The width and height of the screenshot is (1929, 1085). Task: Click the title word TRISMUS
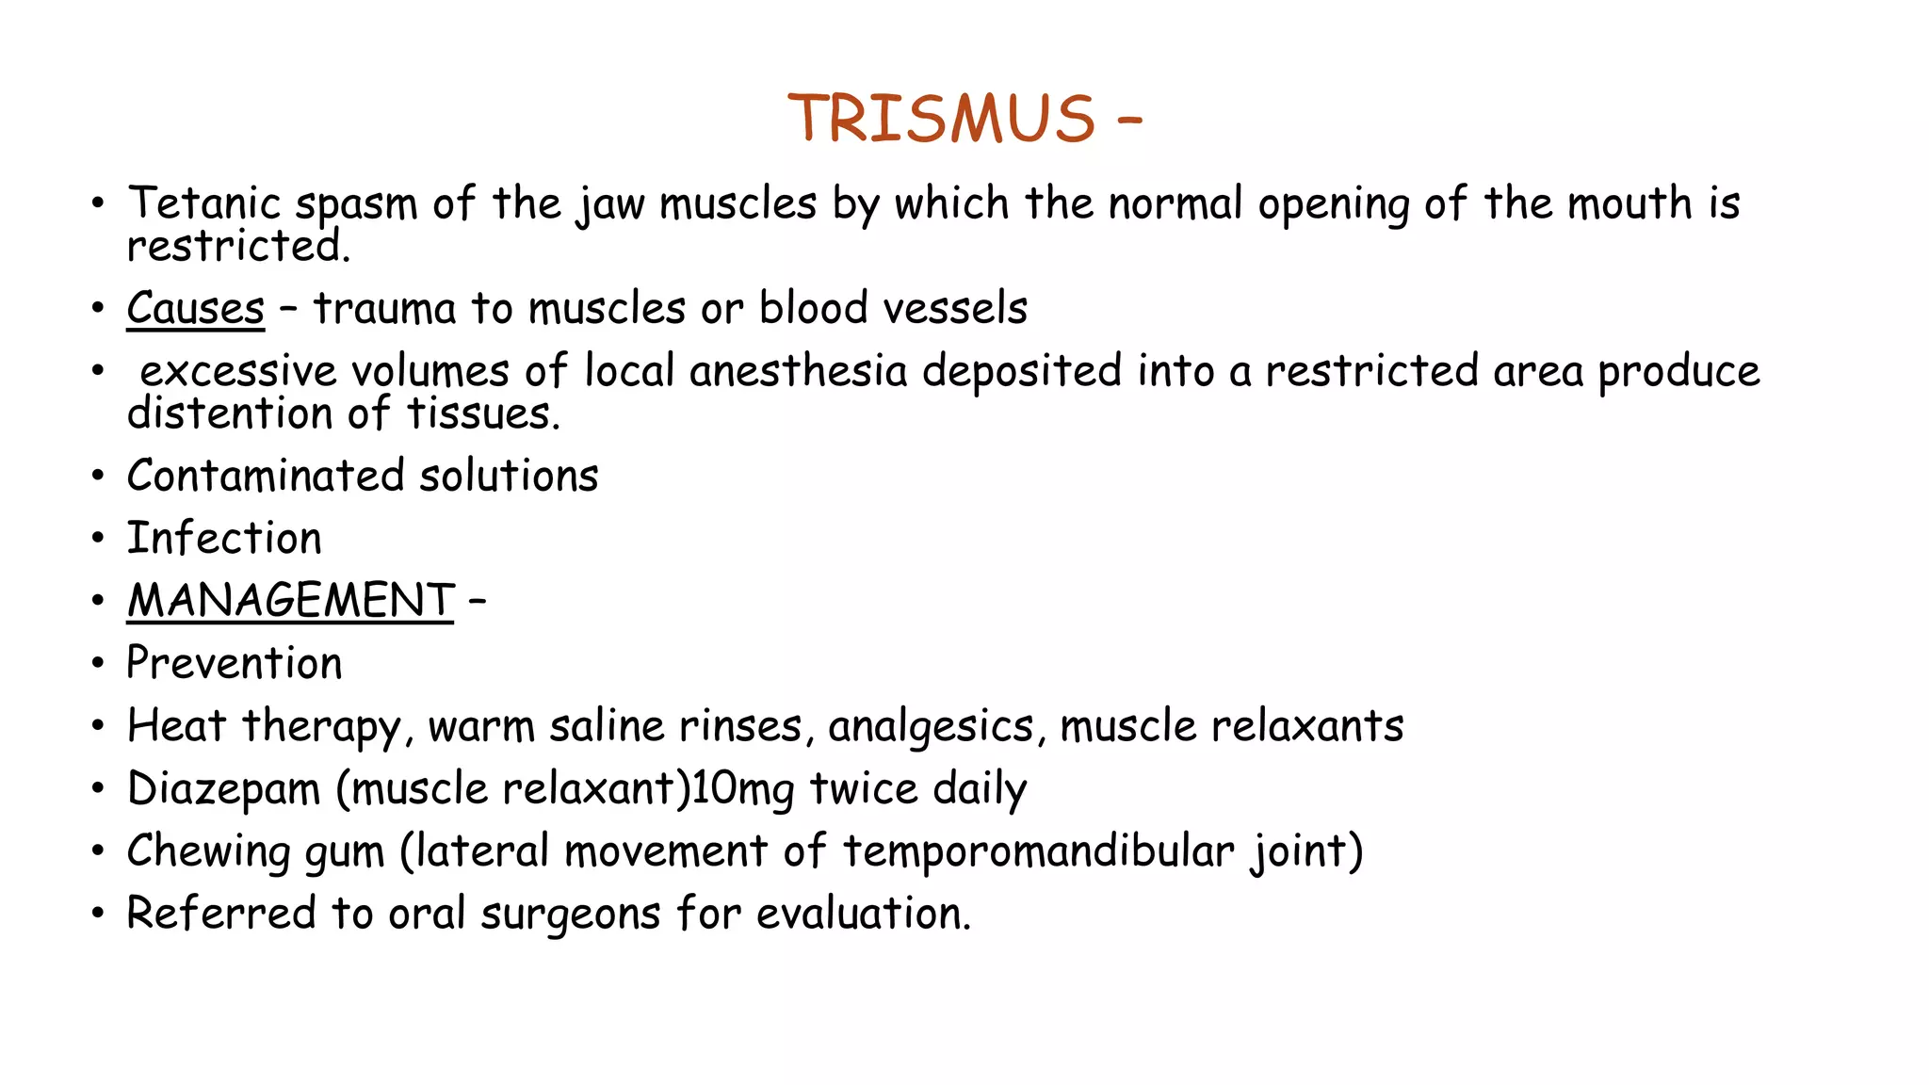(x=941, y=120)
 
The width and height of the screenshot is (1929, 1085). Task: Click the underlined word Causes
(x=196, y=309)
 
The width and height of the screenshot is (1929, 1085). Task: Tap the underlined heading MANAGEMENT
(x=290, y=601)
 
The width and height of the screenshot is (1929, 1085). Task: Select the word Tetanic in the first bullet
(x=204, y=203)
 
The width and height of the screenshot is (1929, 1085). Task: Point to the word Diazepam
(x=224, y=789)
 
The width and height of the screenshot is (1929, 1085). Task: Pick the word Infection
(x=224, y=539)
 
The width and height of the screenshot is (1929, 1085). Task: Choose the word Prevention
(x=235, y=664)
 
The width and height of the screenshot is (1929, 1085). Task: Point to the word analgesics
(x=931, y=727)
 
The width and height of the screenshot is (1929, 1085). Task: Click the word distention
(x=231, y=414)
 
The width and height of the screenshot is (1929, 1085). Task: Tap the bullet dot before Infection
(x=98, y=539)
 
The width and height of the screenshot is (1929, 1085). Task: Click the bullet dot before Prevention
(x=98, y=664)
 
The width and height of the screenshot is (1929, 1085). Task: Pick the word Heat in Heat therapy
(x=177, y=726)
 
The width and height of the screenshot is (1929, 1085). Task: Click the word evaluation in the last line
(x=863, y=914)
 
